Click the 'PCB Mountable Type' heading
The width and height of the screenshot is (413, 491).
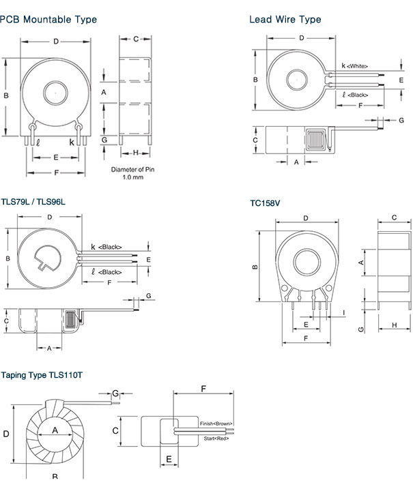click(48, 20)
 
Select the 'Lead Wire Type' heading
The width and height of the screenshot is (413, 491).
click(285, 20)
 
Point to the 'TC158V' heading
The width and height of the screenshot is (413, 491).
click(264, 203)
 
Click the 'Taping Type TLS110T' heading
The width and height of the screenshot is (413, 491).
click(42, 375)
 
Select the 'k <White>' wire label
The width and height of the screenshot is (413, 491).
click(355, 66)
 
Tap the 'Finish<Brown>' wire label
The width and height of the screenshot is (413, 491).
click(216, 423)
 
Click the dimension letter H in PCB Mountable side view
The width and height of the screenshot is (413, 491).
click(135, 152)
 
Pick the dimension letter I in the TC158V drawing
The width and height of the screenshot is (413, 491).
click(343, 312)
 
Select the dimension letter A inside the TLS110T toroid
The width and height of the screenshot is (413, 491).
click(54, 430)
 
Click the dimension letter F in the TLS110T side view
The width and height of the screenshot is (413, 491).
click(203, 389)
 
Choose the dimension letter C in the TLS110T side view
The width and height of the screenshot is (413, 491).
click(116, 430)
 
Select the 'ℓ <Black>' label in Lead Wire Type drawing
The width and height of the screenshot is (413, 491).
click(355, 95)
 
